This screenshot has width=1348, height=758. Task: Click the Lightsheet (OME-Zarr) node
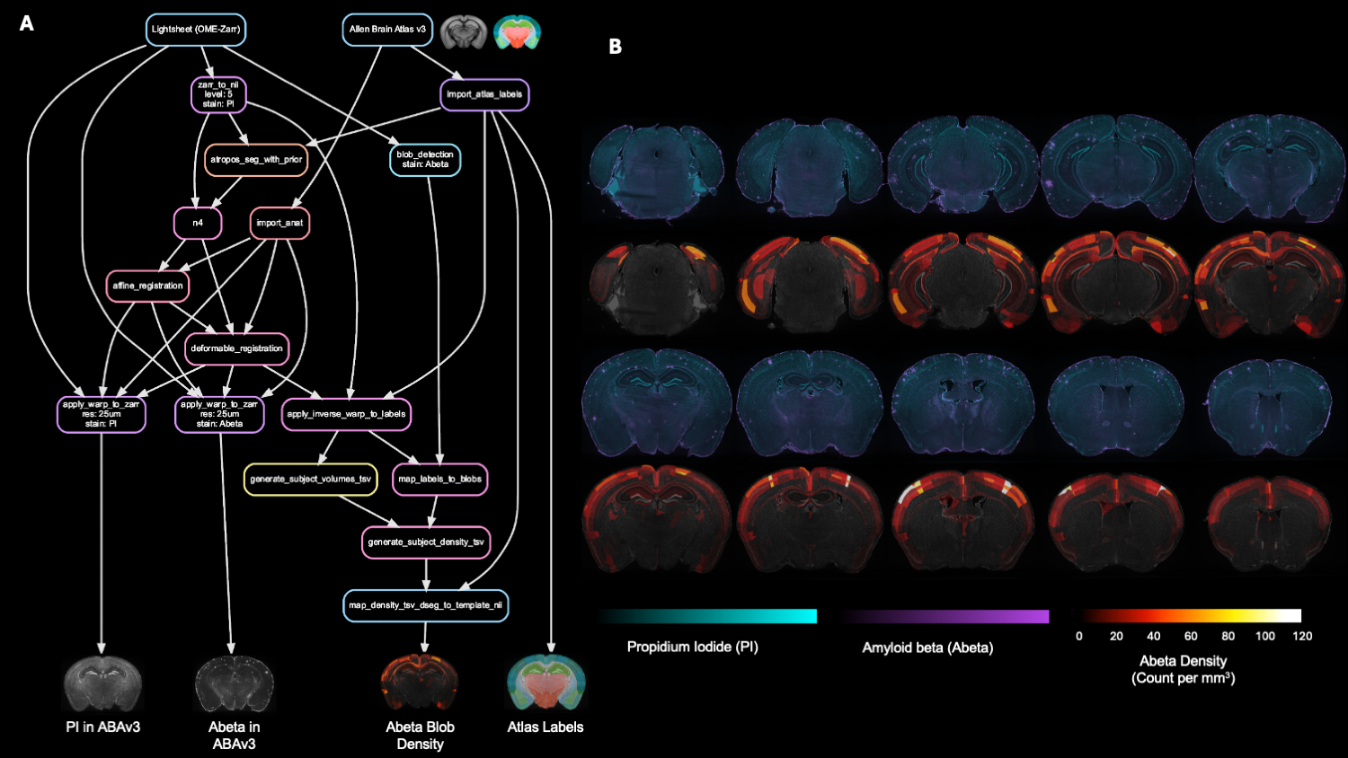coord(196,30)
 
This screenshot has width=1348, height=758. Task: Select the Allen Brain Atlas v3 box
coord(387,30)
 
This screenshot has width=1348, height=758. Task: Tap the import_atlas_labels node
coord(484,94)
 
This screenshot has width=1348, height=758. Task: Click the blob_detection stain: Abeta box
coord(425,160)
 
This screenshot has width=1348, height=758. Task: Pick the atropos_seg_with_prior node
coord(256,160)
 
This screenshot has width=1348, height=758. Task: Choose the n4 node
coord(198,223)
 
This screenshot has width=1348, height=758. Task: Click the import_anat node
coord(279,223)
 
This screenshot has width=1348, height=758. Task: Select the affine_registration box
coord(147,286)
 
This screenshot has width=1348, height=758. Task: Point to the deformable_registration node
coord(237,348)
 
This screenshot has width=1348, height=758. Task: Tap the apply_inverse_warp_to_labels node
coord(346,414)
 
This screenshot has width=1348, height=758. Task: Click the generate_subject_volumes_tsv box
coord(310,480)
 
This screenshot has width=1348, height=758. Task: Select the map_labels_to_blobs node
coord(440,480)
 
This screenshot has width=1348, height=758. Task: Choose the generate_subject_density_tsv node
coord(426,542)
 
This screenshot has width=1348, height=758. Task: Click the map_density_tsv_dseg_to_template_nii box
coord(426,605)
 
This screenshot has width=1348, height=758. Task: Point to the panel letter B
coord(615,47)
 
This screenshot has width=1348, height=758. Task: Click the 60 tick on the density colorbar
coord(1191,636)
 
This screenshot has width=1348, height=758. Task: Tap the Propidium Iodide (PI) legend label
coord(692,647)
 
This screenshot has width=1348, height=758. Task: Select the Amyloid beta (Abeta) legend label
coord(927,648)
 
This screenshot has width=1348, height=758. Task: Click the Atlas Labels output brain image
coord(545,683)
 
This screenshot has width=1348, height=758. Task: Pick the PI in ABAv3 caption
coord(103,727)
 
